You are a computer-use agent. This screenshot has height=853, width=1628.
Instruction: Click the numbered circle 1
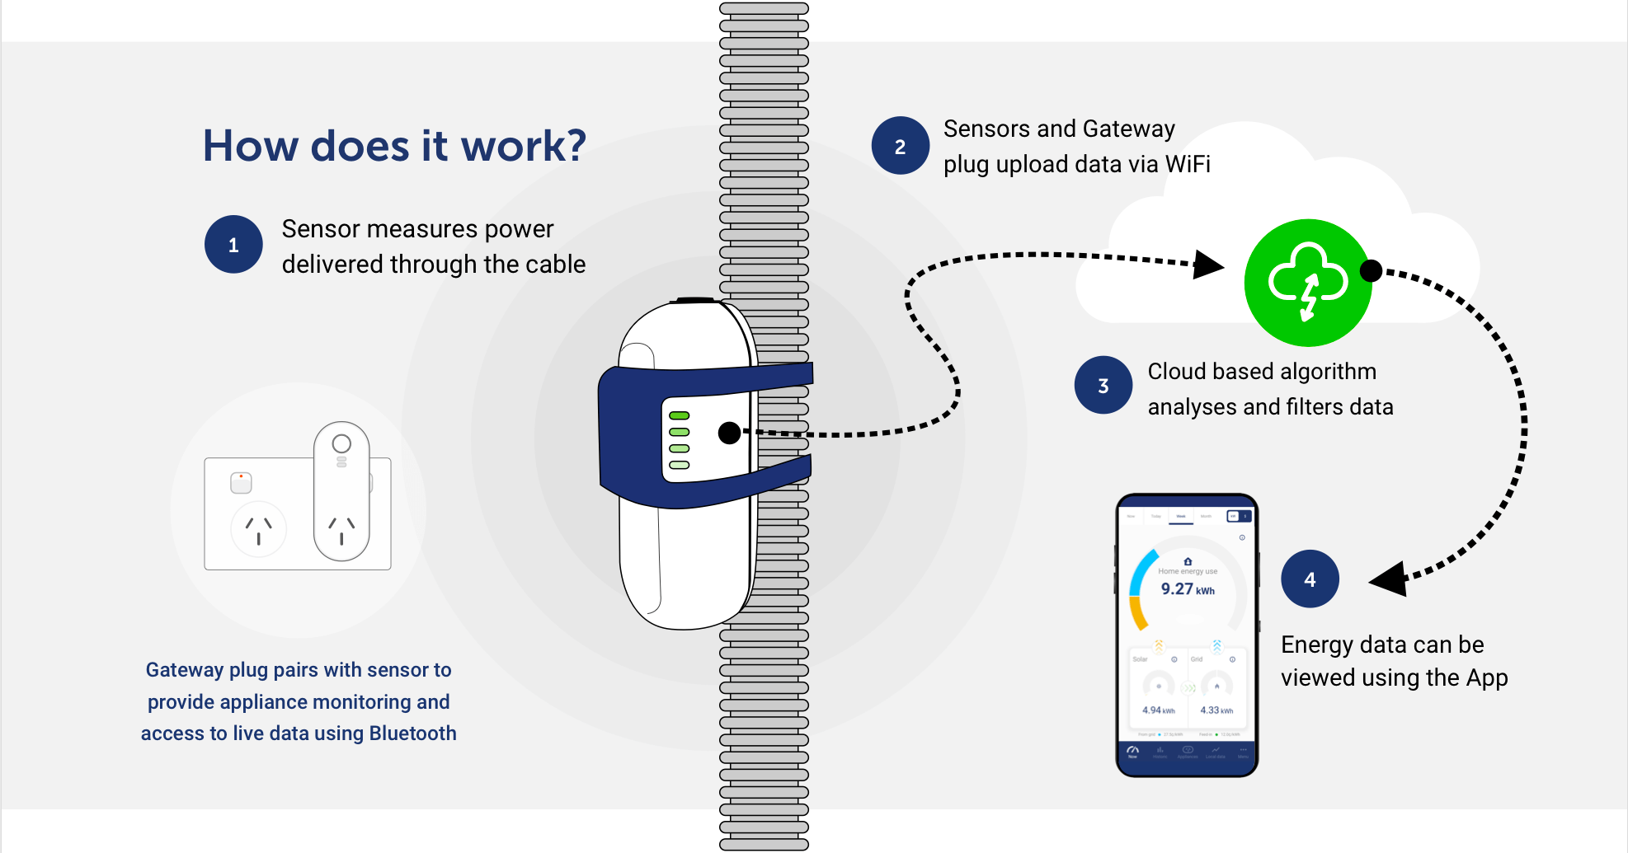233,245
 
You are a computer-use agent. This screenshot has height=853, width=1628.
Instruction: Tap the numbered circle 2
901,146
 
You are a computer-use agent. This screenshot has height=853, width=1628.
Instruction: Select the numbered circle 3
1103,385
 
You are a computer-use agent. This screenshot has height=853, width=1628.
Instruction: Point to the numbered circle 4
1310,579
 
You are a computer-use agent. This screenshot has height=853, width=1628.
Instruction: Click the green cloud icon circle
1308,283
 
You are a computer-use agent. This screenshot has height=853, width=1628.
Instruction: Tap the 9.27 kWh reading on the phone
1187,589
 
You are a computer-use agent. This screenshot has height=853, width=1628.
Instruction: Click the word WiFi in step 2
1188,164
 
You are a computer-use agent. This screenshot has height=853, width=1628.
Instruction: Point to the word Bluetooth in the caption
412,733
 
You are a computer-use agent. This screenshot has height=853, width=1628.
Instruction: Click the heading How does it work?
394,146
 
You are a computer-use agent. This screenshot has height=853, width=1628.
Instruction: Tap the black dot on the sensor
729,433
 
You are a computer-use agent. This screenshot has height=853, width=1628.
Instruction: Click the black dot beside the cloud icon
1371,270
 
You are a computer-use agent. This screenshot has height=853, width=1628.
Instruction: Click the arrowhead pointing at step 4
1390,579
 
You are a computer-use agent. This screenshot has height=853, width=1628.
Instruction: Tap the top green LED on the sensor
680,415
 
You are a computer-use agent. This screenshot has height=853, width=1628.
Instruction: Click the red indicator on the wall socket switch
241,476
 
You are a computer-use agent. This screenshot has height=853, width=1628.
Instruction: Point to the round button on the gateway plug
341,443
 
